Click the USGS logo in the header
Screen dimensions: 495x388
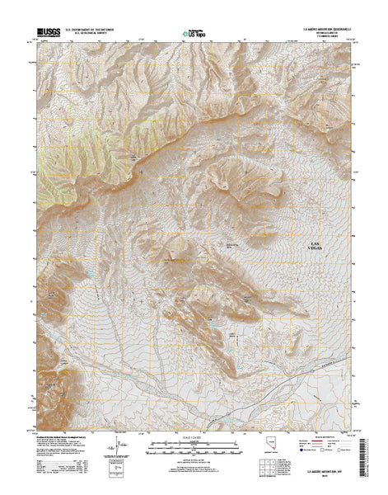point(47,33)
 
